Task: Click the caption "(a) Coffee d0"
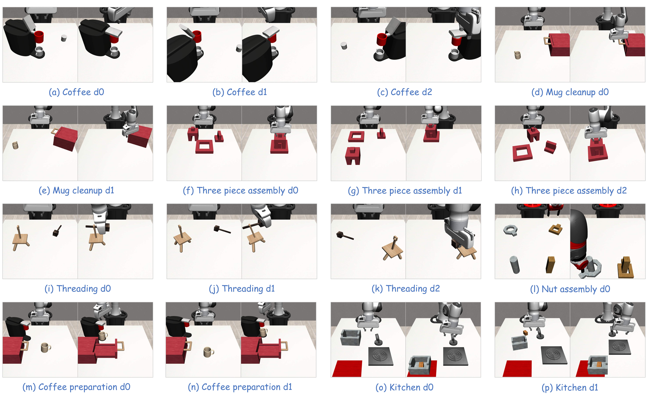pos(76,92)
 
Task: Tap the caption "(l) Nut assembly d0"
pos(570,289)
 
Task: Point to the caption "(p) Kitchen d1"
pos(570,387)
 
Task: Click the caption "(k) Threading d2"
pos(406,288)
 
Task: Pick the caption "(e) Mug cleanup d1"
pos(76,191)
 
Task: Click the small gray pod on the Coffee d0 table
pos(64,38)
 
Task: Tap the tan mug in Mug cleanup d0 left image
pos(517,55)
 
